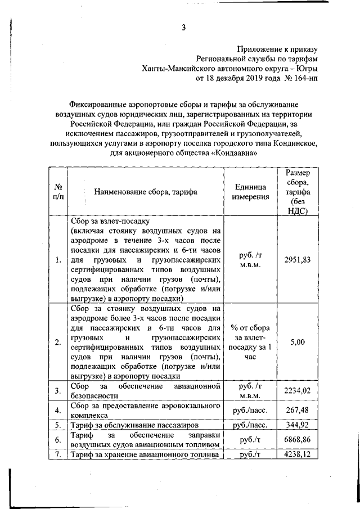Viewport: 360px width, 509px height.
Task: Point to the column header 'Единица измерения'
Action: point(250,191)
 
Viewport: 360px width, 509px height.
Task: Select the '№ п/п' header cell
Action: point(58,191)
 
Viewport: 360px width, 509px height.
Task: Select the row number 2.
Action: point(58,342)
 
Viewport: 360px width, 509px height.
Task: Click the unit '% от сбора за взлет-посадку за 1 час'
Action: point(250,341)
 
